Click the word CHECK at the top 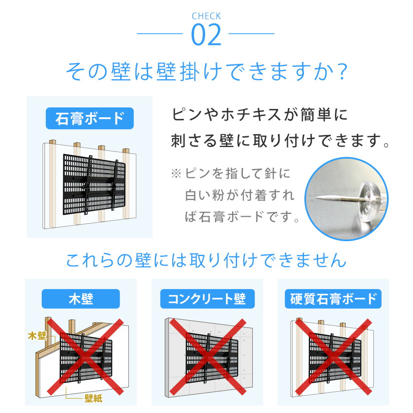(206, 17)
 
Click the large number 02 (206, 36)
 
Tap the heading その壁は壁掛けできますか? (206, 73)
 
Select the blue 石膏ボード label (90, 119)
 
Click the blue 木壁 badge (81, 299)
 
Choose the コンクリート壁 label (207, 299)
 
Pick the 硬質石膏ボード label (333, 299)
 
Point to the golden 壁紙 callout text (93, 398)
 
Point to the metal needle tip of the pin (320, 199)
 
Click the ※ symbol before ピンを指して (176, 173)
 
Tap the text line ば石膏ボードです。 (242, 217)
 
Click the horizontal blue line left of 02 (160, 33)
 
